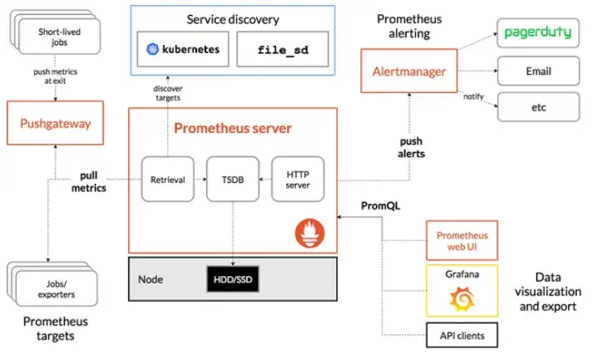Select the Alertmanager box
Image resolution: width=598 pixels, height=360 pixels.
pos(408,72)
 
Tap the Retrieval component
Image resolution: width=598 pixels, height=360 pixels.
pos(166,178)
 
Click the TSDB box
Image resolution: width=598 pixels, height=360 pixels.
pos(232,178)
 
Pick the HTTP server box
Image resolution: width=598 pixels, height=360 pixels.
pos(298,178)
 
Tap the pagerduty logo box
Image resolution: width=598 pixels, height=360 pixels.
pos(538,34)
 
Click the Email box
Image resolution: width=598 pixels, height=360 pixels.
pos(538,72)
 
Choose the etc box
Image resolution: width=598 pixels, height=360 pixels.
pos(538,108)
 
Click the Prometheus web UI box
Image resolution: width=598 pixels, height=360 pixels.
pos(462,240)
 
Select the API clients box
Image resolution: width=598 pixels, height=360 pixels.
pos(462,336)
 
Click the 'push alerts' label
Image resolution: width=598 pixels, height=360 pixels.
pos(410,148)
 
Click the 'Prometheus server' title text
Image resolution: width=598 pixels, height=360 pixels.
pos(232,129)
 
